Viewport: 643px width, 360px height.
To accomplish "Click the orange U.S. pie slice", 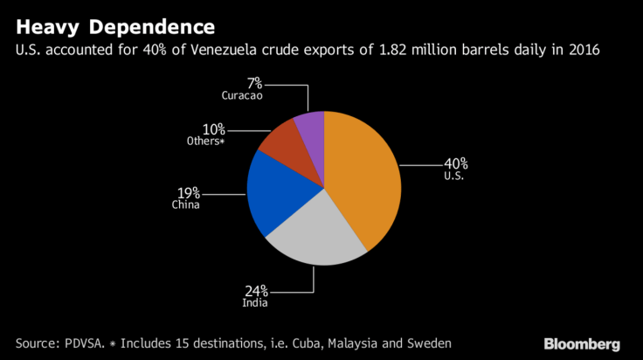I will (363, 179).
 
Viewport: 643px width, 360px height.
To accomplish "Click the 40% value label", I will (455, 163).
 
